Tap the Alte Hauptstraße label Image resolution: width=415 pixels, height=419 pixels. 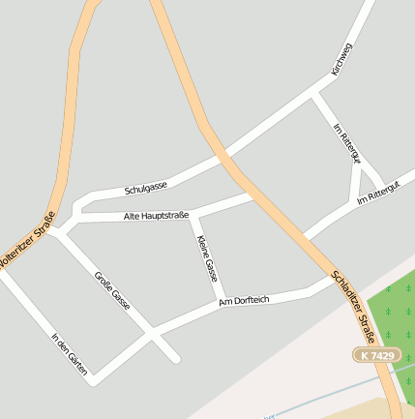(157, 215)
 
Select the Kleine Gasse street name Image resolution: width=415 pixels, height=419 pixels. (207, 257)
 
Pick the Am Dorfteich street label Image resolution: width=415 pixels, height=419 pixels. (244, 302)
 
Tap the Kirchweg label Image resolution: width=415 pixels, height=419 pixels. (342, 59)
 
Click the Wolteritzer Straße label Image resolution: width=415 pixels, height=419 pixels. (24, 240)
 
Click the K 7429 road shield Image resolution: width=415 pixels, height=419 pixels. (375, 355)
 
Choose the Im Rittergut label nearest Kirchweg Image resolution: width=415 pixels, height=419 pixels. (345, 143)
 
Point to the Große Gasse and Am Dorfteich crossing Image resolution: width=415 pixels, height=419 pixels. (151, 333)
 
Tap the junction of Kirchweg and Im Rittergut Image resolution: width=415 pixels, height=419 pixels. (314, 94)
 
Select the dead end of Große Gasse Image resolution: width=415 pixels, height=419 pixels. (176, 359)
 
